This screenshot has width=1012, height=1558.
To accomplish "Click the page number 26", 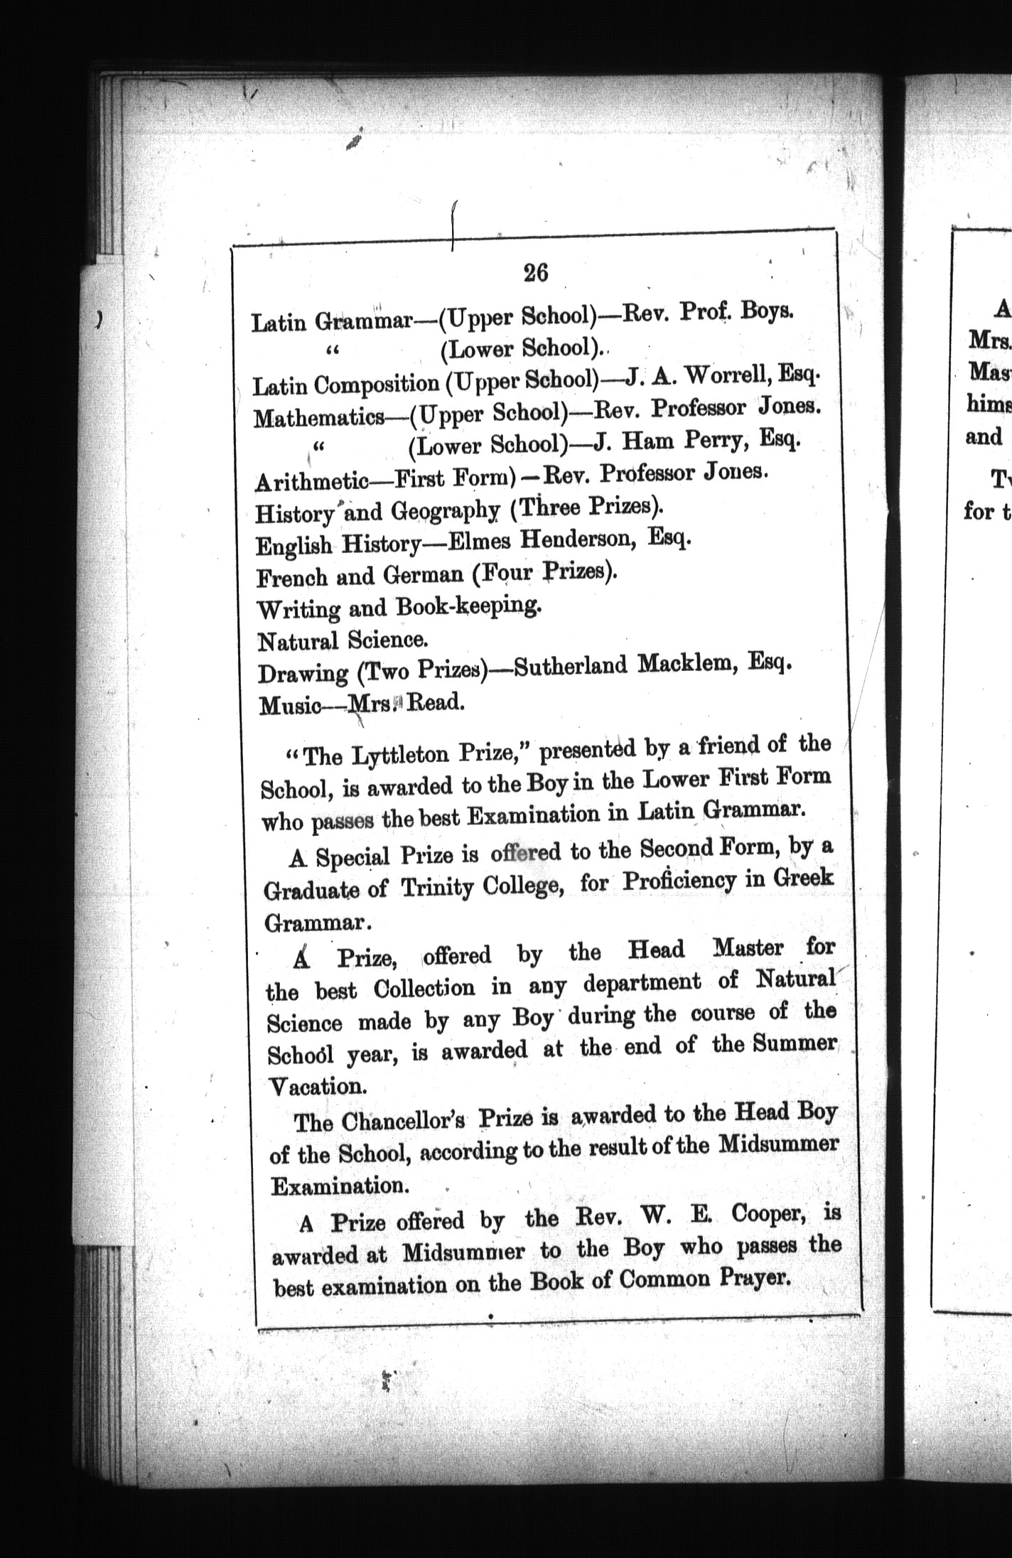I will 535,273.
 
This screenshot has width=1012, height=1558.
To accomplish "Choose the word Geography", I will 445,510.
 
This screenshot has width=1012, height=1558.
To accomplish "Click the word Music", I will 288,706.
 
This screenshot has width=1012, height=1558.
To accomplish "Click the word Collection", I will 424,989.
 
